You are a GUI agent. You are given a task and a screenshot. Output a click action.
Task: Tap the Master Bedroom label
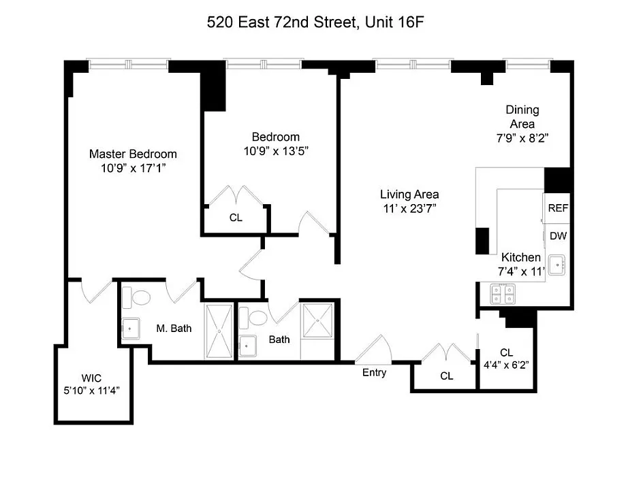coord(133,154)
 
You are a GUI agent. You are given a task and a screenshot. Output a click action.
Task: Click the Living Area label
coord(409,194)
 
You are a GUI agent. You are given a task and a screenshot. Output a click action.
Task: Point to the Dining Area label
coord(522,117)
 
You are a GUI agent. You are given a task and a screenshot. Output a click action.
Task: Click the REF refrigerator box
coord(559,209)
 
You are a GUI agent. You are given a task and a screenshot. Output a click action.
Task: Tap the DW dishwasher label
coord(559,237)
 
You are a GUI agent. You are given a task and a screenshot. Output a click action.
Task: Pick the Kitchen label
coord(521,258)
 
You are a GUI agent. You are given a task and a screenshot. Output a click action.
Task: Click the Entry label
coord(374,372)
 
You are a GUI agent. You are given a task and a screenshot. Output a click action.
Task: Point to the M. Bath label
coord(174,329)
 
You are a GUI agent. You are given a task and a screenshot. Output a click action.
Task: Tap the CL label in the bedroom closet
coord(236,218)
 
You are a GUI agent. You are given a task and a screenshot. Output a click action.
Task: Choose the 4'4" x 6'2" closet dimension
coord(506,364)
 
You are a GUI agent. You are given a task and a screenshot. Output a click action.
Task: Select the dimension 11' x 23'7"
coord(409,208)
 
